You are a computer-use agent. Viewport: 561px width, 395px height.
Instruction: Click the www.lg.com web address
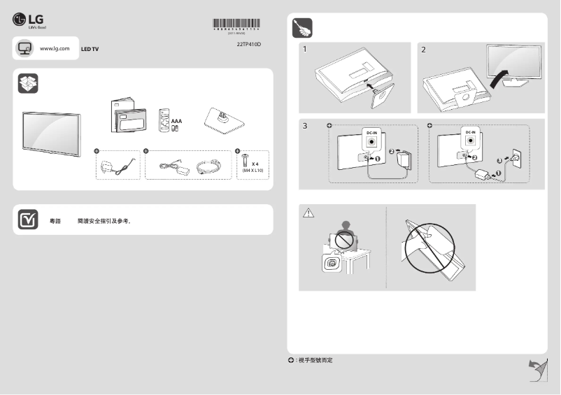(55, 48)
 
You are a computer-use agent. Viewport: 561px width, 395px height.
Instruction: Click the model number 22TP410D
(249, 43)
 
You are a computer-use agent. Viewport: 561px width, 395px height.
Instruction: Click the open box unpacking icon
(27, 82)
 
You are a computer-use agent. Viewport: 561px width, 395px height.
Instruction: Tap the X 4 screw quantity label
(255, 164)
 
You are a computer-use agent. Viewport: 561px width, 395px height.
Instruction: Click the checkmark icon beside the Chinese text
(27, 220)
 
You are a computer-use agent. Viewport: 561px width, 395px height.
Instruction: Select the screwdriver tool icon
(301, 28)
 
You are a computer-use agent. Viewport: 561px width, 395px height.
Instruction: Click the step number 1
(305, 50)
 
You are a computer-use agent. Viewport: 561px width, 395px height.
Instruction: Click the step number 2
(423, 50)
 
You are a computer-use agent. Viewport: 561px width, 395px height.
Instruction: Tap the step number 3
(305, 127)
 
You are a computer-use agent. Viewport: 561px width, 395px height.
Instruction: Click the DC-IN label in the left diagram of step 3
(372, 131)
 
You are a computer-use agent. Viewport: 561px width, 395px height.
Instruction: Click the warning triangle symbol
(308, 213)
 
